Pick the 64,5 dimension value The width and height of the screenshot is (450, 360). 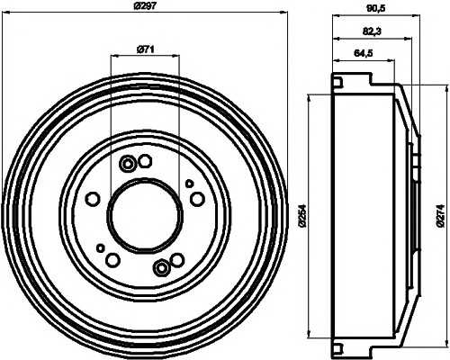tap(363, 54)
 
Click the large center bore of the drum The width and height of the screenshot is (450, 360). tap(144, 214)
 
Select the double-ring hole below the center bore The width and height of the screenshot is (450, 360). tap(161, 266)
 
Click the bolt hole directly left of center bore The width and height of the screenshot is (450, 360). tap(93, 199)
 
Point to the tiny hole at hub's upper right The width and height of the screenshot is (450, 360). tap(190, 183)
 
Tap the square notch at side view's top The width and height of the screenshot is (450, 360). tap(338, 84)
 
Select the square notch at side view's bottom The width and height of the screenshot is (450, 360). tap(338, 346)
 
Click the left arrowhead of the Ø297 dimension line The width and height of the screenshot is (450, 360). tap(8, 19)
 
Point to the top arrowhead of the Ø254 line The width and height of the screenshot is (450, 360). tap(310, 96)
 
